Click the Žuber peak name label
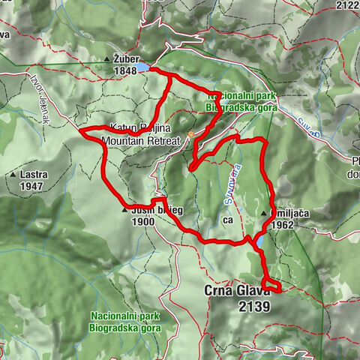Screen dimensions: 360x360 126,58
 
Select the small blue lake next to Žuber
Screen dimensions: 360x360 142,69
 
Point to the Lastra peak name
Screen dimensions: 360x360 29,175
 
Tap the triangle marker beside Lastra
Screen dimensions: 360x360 13,175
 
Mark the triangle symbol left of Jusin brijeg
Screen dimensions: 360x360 124,211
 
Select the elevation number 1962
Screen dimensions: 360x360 283,223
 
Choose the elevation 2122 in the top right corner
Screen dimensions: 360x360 348,5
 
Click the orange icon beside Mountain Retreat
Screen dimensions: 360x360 191,135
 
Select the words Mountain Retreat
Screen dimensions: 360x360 142,140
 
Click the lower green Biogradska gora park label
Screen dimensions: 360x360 124,328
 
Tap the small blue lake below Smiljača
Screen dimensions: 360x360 258,241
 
